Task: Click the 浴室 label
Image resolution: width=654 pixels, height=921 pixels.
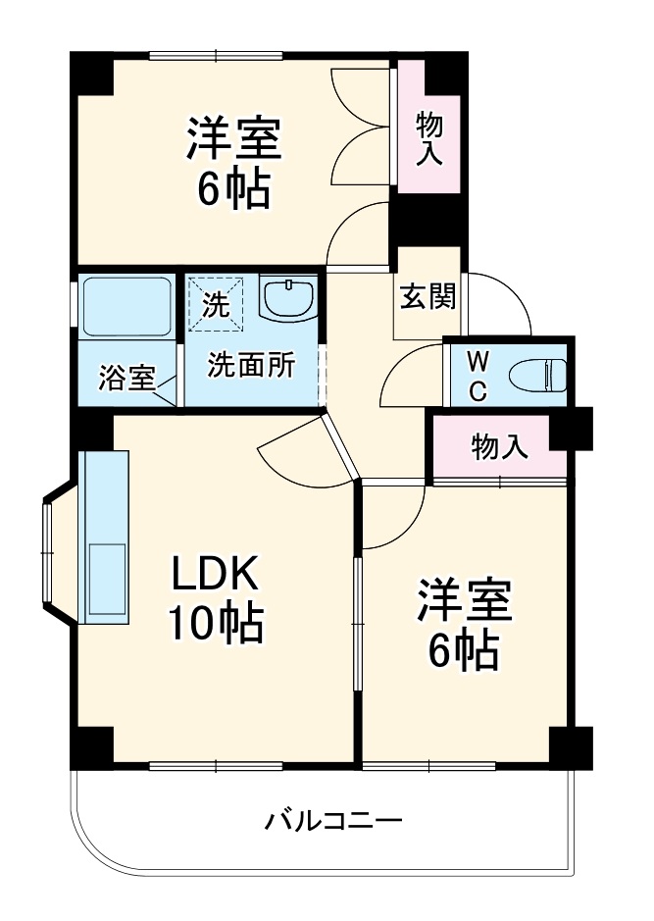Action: (x=126, y=378)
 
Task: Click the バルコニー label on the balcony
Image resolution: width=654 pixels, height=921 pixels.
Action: (x=332, y=820)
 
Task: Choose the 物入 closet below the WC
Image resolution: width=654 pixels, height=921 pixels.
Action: (x=499, y=446)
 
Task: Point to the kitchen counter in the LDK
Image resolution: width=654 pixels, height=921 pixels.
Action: (x=104, y=537)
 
